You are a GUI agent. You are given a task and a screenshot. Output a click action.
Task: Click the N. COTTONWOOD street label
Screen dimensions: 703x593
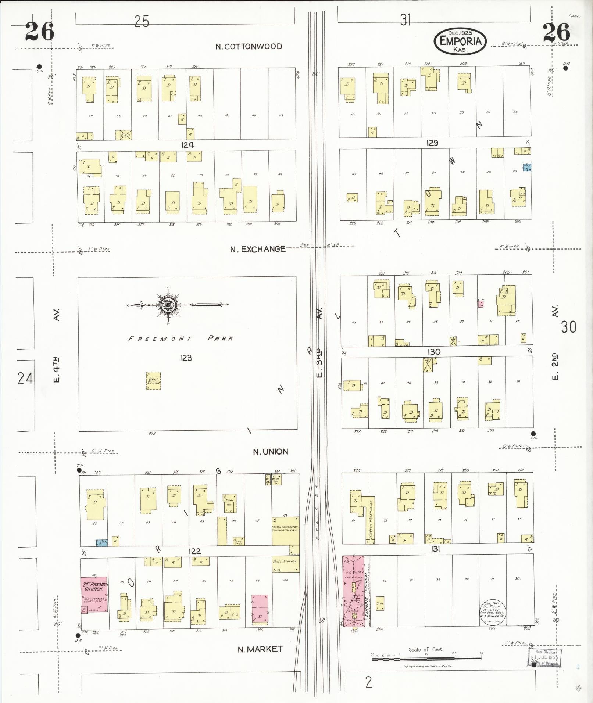(x=249, y=47)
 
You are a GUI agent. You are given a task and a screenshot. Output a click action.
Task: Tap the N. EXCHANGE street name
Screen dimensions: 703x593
(x=257, y=249)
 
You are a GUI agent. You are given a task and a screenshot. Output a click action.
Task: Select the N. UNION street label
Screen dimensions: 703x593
(x=270, y=452)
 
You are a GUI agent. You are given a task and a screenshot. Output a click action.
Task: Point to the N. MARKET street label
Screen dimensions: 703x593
(x=260, y=649)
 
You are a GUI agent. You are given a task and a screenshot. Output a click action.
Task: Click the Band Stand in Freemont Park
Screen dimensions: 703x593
(x=154, y=380)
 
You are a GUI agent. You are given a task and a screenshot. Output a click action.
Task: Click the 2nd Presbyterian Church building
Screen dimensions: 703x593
(x=94, y=594)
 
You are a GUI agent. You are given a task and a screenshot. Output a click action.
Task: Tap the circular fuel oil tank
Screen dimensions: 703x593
(x=492, y=612)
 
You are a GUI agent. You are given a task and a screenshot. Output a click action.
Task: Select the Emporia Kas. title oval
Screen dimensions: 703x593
(x=460, y=41)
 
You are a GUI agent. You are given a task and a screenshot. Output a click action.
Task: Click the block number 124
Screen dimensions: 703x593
(x=187, y=145)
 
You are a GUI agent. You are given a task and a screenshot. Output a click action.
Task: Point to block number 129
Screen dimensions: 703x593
(x=432, y=143)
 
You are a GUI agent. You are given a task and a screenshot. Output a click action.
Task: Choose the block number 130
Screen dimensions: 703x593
(x=434, y=352)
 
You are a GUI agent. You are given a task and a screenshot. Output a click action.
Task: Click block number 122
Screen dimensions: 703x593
(x=194, y=551)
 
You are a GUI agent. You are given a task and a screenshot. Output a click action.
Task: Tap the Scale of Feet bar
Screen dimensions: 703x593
(x=426, y=659)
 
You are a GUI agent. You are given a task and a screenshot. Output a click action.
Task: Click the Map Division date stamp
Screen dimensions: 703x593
(x=544, y=657)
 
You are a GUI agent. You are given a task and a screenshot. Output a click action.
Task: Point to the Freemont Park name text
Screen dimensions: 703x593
(x=180, y=338)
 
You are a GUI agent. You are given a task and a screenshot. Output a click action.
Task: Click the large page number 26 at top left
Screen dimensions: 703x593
(x=40, y=32)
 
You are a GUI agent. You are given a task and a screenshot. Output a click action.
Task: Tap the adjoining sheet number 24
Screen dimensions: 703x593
(x=25, y=378)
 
